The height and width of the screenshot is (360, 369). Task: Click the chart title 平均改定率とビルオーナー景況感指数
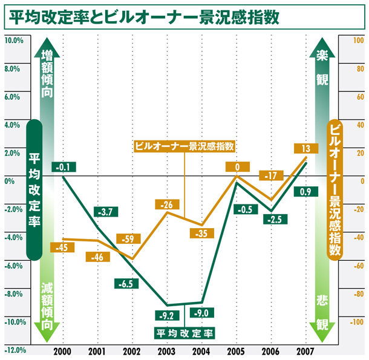click(143, 16)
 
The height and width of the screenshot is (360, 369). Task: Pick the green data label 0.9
click(305, 192)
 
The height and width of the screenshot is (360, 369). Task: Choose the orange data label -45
click(60, 247)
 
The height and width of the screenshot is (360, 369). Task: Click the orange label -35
click(201, 232)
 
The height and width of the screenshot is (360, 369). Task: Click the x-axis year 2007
click(305, 352)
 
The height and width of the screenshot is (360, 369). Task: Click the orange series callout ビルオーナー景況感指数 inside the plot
click(184, 146)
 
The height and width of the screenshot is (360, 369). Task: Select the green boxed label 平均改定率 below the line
click(184, 332)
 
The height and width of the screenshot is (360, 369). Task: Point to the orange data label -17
click(270, 175)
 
